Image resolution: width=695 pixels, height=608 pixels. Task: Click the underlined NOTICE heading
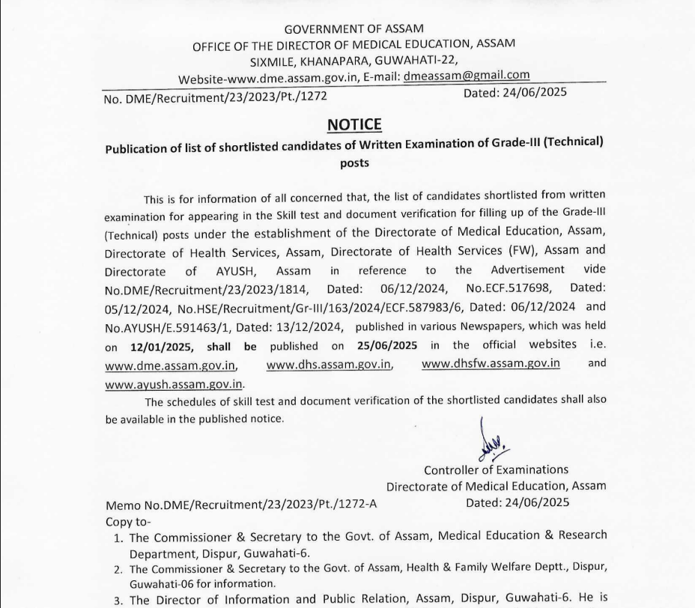(x=354, y=124)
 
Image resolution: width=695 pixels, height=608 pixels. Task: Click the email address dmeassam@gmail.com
(x=467, y=76)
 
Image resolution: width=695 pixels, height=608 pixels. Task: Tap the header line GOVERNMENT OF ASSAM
(x=354, y=29)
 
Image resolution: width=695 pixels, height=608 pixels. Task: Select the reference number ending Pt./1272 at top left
(x=216, y=96)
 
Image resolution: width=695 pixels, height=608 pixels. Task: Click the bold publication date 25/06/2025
(x=386, y=346)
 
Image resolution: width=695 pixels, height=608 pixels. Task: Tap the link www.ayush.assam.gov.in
(x=174, y=384)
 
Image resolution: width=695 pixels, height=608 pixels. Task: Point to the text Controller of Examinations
(x=496, y=470)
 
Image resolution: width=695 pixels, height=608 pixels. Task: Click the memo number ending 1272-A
(x=241, y=505)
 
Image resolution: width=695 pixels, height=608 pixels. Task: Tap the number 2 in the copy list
(x=118, y=569)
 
